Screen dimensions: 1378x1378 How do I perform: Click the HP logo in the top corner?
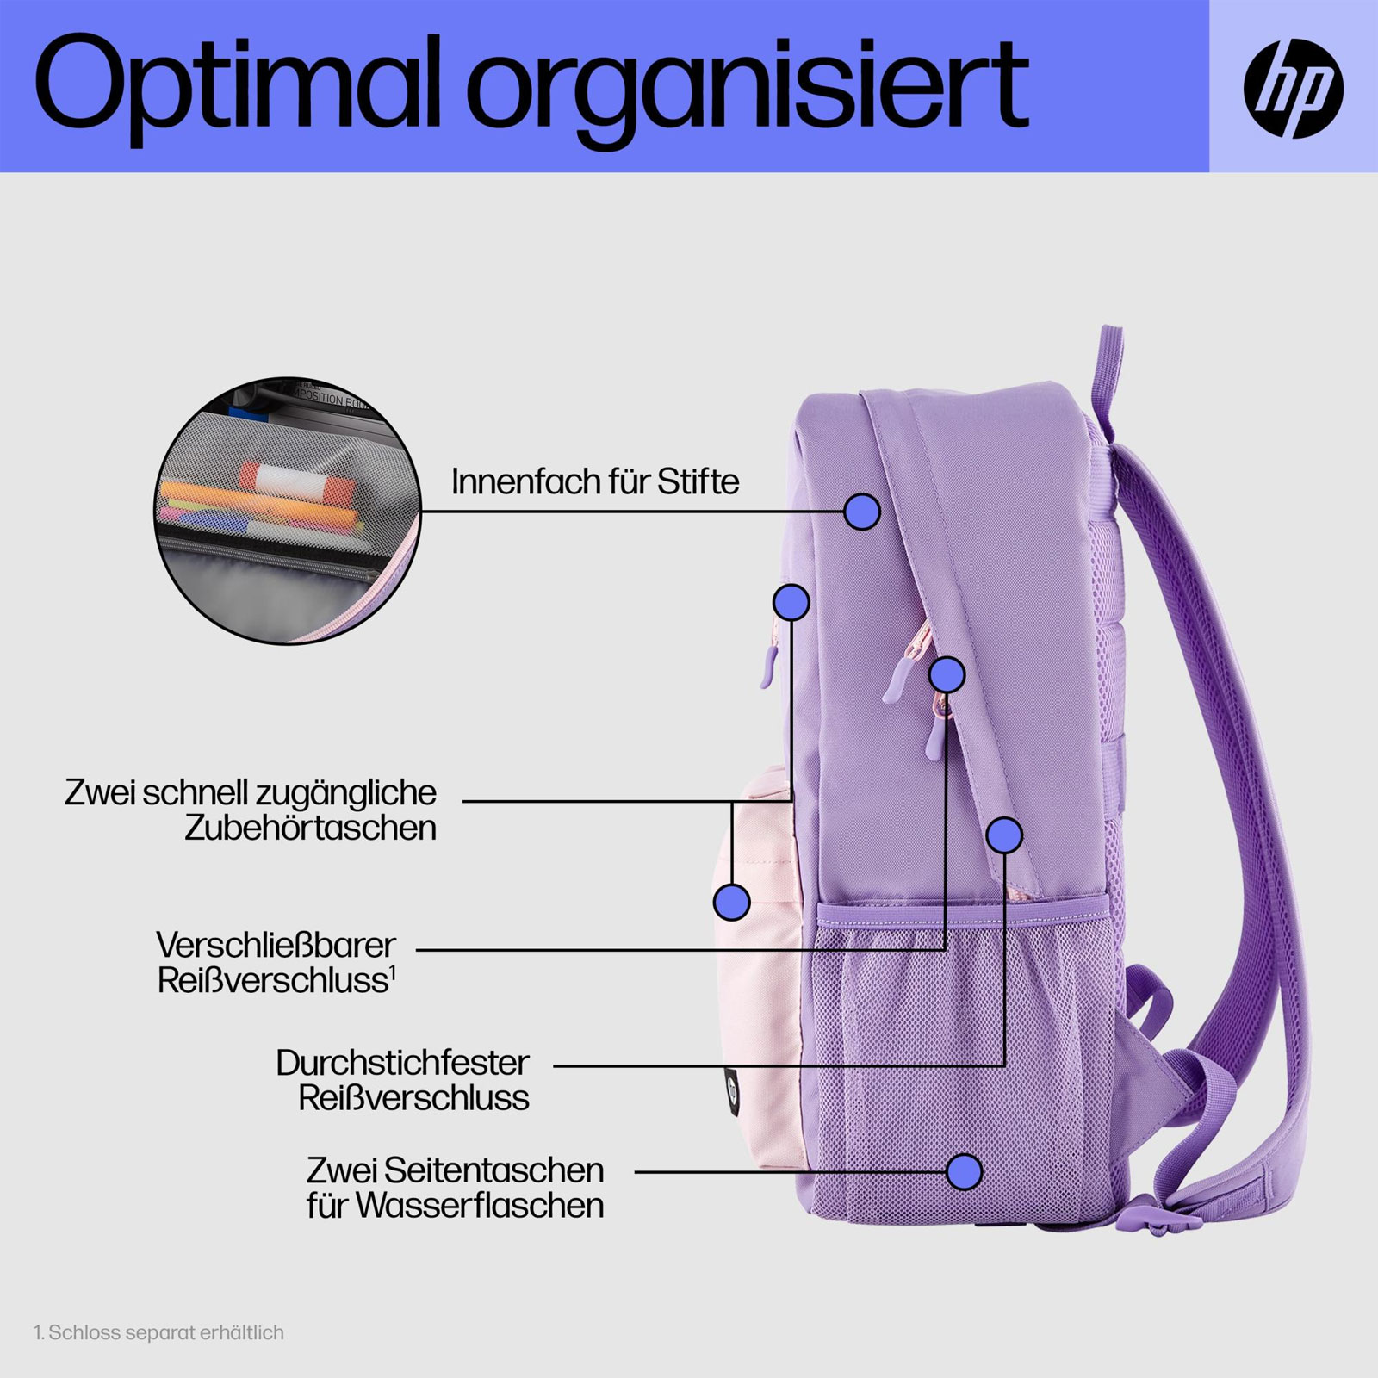(x=1293, y=88)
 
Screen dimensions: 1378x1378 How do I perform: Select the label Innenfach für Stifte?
(x=595, y=482)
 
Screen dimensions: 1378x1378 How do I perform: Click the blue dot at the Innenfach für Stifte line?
(x=861, y=512)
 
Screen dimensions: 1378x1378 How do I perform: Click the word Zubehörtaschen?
(x=310, y=829)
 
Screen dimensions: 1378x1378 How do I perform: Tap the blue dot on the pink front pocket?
(x=732, y=902)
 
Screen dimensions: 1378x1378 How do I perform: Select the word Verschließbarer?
(x=276, y=946)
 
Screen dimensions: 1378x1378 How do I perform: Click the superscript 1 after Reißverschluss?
(x=393, y=972)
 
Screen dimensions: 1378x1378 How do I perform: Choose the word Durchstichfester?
(x=402, y=1064)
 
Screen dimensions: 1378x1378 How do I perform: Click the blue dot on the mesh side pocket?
(x=964, y=1171)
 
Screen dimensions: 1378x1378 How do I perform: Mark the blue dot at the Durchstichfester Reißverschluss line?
(x=1004, y=835)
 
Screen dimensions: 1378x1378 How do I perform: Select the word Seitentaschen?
(x=493, y=1170)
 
